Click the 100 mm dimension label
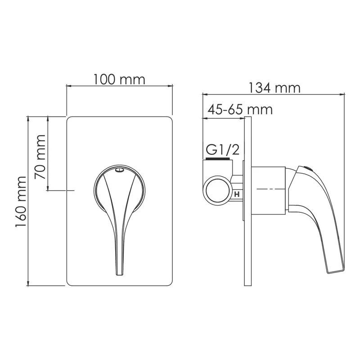[119, 80]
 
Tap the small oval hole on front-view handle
[119, 170]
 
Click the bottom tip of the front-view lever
[119, 273]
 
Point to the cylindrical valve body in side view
[268, 189]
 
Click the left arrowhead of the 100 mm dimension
[69, 85]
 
